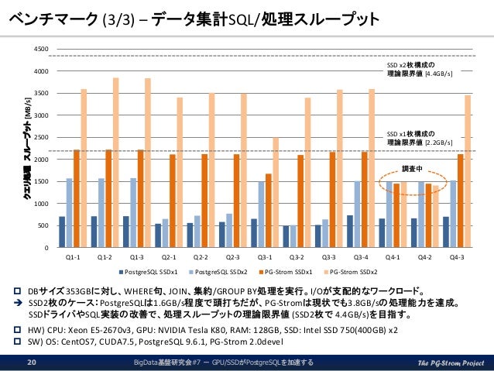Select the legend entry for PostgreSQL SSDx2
[220, 272]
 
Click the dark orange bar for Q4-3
[461, 201]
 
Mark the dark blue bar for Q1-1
[62, 232]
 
